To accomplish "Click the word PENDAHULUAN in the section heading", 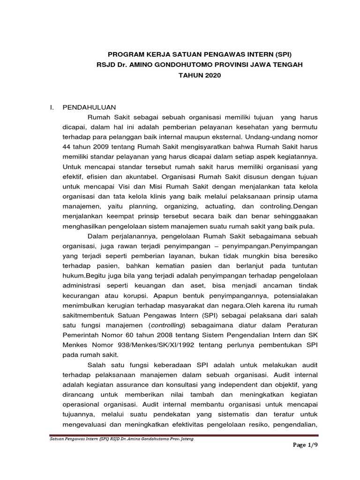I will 90,107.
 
